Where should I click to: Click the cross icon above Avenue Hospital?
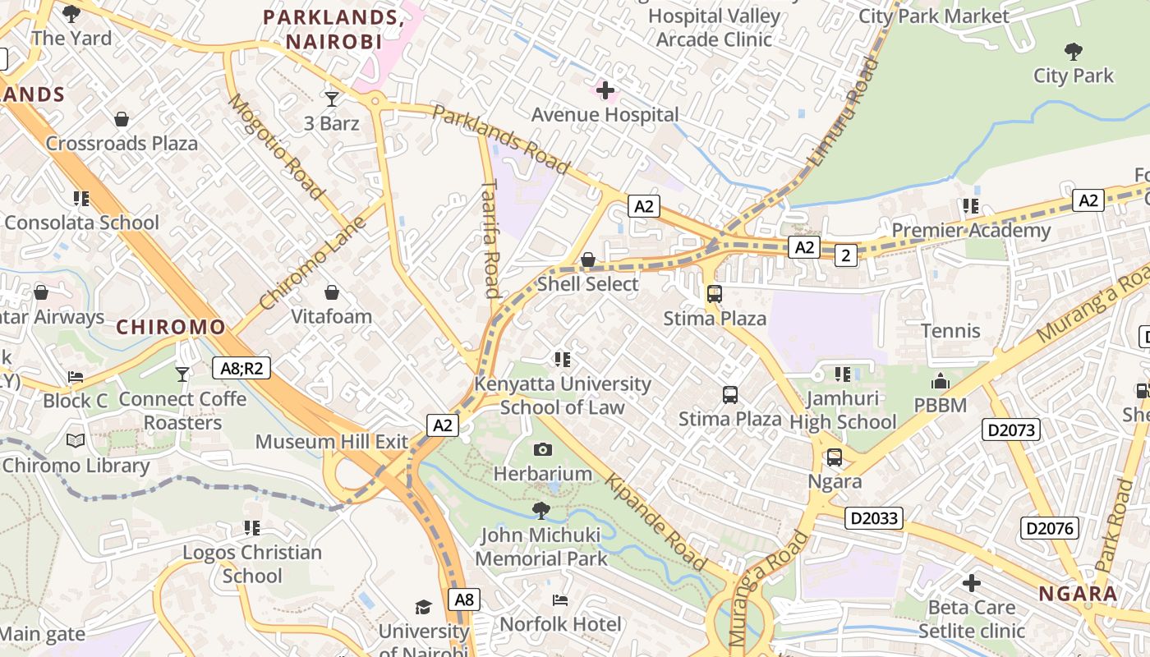click(605, 90)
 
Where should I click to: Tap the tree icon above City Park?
click(1073, 52)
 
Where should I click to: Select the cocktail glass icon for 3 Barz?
click(332, 99)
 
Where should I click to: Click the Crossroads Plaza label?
click(122, 143)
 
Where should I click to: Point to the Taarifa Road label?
click(490, 238)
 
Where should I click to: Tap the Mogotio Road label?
click(276, 147)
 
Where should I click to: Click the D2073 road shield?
click(1010, 429)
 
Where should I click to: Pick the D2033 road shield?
click(875, 518)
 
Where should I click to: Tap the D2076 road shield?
click(1049, 527)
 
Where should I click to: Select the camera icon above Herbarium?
click(543, 449)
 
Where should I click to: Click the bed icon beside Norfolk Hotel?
click(560, 600)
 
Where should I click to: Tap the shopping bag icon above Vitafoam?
click(332, 292)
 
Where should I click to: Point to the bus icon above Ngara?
click(835, 457)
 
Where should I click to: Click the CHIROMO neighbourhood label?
click(171, 327)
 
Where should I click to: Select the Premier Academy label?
click(971, 230)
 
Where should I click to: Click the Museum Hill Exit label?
click(331, 441)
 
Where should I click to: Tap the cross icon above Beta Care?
click(972, 583)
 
